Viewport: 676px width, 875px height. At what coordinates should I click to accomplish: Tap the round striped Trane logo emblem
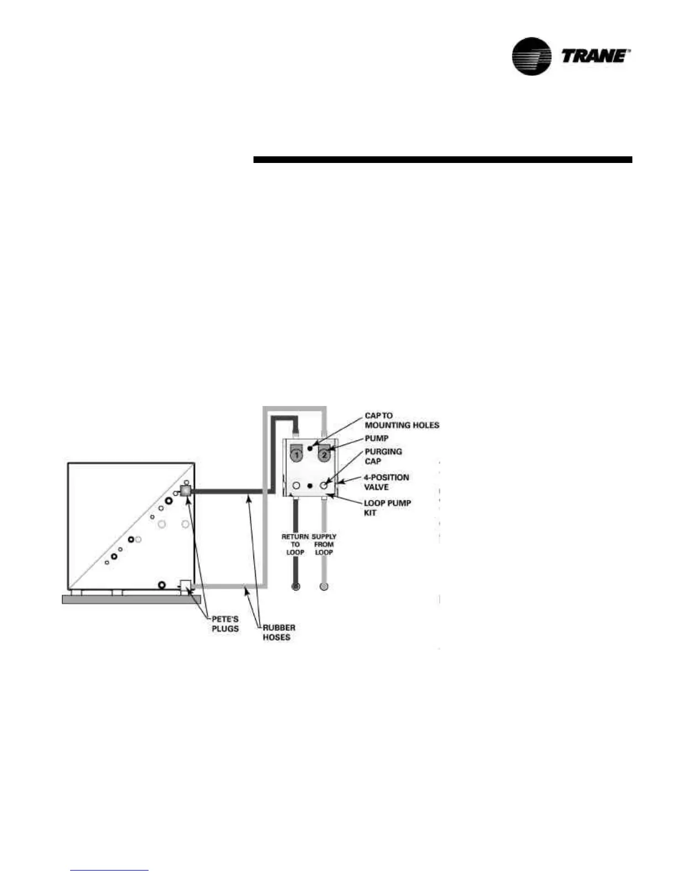coord(531,56)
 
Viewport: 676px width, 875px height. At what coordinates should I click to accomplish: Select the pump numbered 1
coord(297,455)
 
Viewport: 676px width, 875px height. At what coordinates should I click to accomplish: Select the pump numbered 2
coord(324,455)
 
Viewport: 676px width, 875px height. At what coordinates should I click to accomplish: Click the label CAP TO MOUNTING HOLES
coord(402,420)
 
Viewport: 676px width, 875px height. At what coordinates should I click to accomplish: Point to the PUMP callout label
coord(376,438)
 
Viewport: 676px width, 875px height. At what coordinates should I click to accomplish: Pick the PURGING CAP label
coord(383,456)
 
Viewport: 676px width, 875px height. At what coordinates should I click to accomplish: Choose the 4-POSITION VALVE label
coord(386,482)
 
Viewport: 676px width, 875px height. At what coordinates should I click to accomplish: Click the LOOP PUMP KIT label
coord(387,508)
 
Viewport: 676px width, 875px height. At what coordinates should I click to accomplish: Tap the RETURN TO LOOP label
coord(295,544)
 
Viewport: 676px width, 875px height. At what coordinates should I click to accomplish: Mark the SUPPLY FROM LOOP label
coord(324,544)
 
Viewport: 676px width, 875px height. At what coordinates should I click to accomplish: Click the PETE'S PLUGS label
coord(225,624)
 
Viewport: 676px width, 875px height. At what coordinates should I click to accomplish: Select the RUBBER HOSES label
coord(278,632)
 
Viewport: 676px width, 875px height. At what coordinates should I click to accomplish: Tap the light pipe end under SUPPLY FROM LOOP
coord(324,586)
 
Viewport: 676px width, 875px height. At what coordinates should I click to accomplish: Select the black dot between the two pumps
coord(310,448)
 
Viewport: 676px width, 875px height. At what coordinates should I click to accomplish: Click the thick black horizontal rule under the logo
coord(442,160)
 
